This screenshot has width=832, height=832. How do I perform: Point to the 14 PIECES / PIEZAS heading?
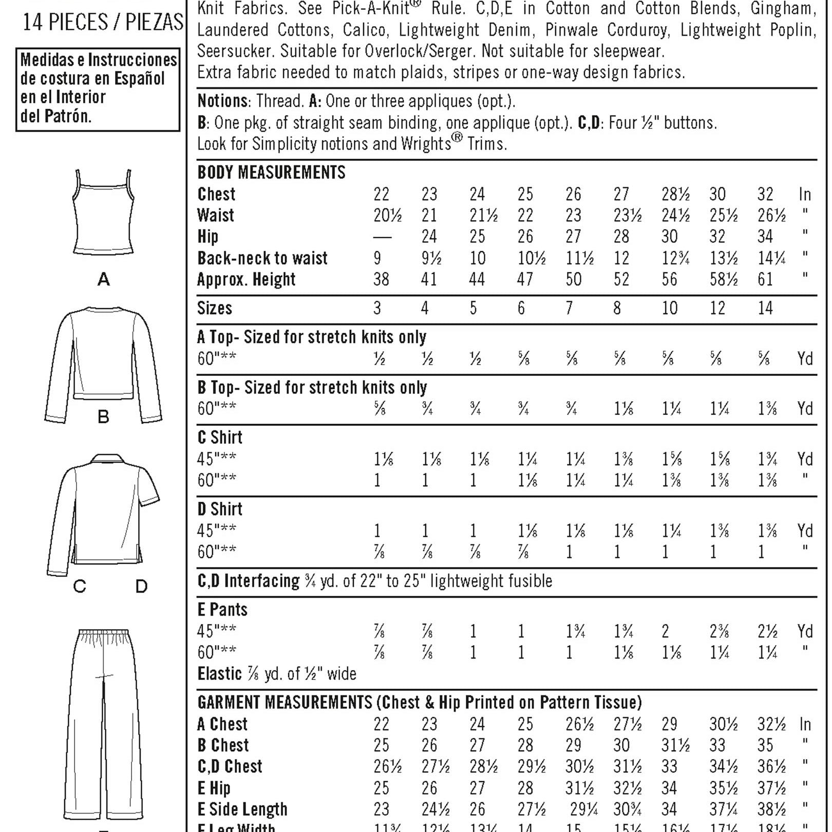click(x=103, y=22)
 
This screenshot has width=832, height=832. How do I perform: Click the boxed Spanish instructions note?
click(x=98, y=88)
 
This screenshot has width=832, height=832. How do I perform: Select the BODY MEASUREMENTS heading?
click(x=271, y=173)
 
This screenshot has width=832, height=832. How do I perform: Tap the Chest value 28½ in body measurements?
click(x=675, y=194)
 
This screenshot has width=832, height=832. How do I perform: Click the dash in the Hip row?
click(x=382, y=237)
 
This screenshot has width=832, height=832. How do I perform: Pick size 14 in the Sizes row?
click(x=765, y=308)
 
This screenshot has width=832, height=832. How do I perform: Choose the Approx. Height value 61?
click(x=765, y=279)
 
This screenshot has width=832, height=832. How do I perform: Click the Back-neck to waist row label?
click(x=262, y=258)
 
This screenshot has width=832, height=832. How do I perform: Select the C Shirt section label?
click(x=220, y=438)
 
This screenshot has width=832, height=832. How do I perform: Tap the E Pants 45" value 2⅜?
click(x=719, y=631)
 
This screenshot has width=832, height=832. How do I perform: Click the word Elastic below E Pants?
click(x=219, y=674)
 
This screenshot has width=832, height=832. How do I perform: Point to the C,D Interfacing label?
click(x=248, y=581)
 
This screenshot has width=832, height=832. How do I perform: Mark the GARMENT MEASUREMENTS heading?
click(x=285, y=702)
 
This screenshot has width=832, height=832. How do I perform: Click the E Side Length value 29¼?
click(x=584, y=809)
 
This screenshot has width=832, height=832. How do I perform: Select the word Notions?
click(x=222, y=101)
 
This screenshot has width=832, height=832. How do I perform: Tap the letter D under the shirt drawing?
click(x=141, y=586)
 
